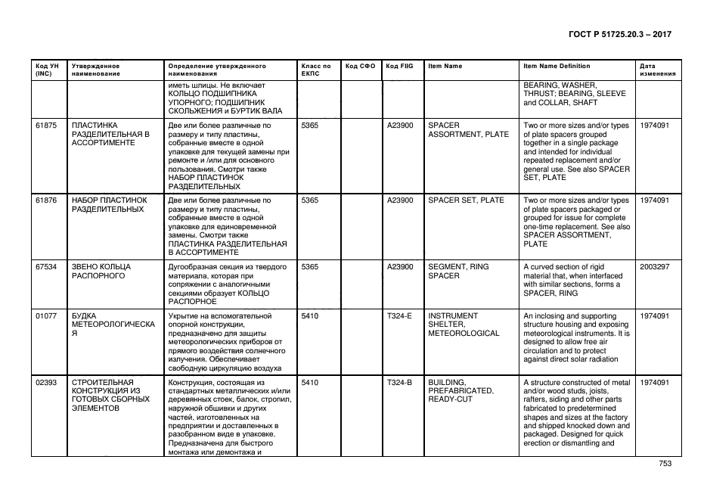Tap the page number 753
pos(665,464)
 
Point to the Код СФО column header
pos(360,67)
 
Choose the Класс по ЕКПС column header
pos(316,70)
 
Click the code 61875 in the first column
pos(46,125)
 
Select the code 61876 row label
pos(46,200)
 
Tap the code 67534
pos(46,267)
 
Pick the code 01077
pos(46,316)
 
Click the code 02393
pos(46,383)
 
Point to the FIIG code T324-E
pos(399,316)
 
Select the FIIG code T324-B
pos(399,383)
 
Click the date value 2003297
pos(654,267)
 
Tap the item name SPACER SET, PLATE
pos(466,200)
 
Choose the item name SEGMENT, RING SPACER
pos(458,272)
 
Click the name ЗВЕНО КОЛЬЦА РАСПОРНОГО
pos(101,272)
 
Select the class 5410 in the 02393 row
pos(310,383)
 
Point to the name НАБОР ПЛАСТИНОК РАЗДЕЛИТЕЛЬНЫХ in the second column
pos(110,205)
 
